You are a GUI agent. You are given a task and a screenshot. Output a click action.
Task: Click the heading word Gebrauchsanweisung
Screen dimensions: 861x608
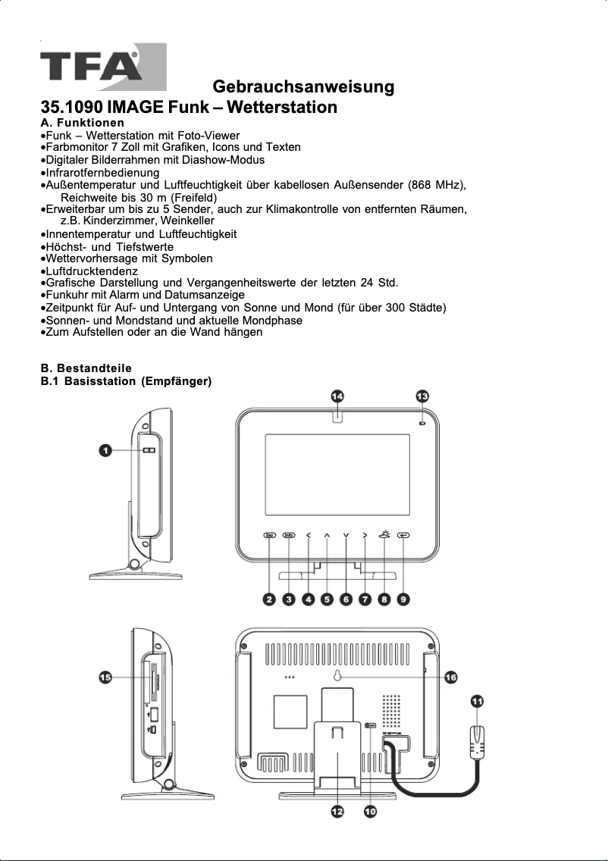tap(303, 86)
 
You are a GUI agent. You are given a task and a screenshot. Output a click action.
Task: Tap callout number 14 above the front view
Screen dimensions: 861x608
tap(337, 396)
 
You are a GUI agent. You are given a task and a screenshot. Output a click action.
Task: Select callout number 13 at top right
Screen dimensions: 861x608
tap(422, 396)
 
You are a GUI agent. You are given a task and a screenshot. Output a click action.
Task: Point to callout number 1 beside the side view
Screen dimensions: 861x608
tap(107, 451)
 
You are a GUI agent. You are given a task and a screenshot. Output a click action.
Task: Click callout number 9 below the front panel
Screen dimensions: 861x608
tap(403, 599)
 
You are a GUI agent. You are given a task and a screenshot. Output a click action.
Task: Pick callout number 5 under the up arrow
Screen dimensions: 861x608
tap(327, 599)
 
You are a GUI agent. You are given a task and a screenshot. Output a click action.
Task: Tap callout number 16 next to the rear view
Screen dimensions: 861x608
tap(450, 676)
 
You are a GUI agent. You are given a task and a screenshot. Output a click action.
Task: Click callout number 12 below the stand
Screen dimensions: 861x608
tap(337, 811)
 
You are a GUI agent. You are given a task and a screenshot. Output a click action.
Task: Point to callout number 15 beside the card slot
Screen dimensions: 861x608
tap(106, 677)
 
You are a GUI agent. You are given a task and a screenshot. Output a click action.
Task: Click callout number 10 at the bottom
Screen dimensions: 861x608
tap(370, 811)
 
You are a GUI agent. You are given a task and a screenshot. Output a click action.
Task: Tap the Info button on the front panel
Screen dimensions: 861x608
tap(289, 536)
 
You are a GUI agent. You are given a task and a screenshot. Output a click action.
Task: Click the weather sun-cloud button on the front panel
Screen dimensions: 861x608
tap(384, 534)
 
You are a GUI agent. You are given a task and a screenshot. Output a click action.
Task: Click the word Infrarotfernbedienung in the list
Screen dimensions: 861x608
tap(102, 172)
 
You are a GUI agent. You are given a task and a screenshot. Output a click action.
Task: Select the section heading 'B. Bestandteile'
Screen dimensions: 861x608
tap(86, 368)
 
